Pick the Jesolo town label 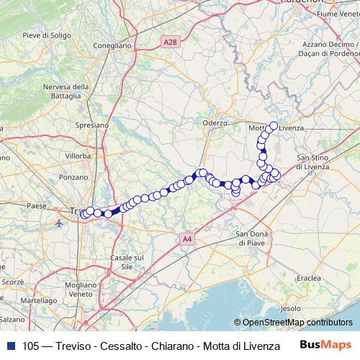pos(290,307)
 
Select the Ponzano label pos(73,176)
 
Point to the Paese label pos(36,206)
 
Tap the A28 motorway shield pos(169,43)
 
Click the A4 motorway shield pos(187,239)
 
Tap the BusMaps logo pos(325,344)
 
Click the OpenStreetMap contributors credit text pos(297,323)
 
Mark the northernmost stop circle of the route pos(274,125)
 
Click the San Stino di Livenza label pos(312,162)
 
